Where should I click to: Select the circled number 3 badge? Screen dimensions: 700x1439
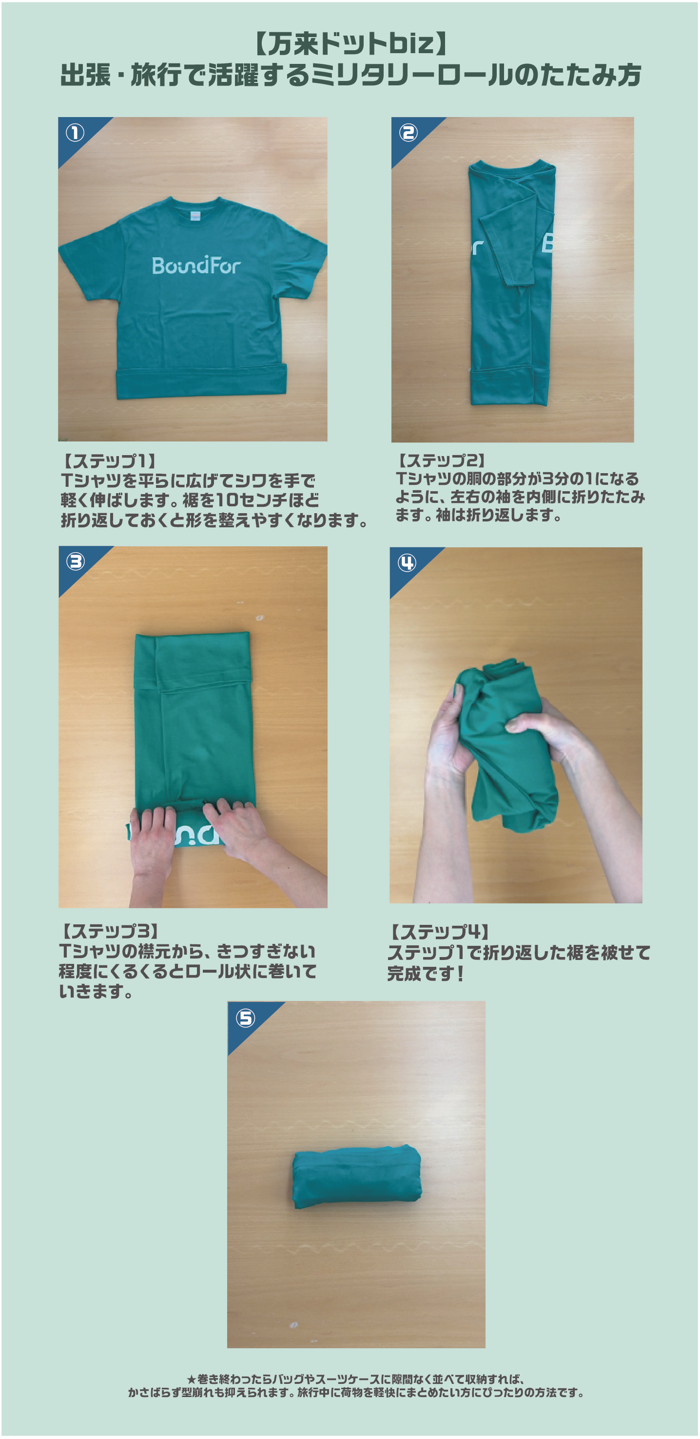[x=76, y=561]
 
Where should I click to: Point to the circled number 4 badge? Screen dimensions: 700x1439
[x=407, y=562]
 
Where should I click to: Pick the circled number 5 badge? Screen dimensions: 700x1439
[x=245, y=1018]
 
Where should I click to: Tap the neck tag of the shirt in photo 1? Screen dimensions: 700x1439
[x=195, y=216]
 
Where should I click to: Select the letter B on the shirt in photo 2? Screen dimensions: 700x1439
[x=547, y=243]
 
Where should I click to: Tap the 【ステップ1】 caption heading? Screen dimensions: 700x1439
[x=108, y=461]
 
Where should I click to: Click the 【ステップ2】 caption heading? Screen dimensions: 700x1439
[x=441, y=460]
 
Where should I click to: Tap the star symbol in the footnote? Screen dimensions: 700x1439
[x=192, y=1379]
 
